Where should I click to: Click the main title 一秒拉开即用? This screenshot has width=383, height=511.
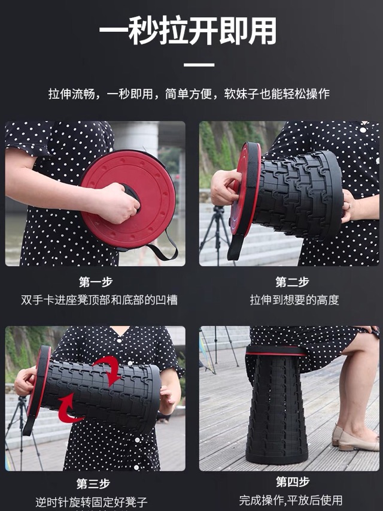pos(189,31)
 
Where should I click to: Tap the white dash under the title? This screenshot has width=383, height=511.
pos(199,65)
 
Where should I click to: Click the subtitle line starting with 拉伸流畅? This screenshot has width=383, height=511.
pos(189,94)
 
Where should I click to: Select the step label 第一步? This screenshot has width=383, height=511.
pos(96,282)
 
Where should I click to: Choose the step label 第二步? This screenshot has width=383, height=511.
pos(293,282)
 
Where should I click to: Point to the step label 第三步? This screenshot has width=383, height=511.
pos(93,483)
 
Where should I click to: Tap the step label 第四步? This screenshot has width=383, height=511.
pos(293,482)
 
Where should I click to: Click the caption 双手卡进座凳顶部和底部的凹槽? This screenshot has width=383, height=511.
pos(99,300)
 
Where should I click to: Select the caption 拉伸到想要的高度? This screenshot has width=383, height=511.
pos(294,300)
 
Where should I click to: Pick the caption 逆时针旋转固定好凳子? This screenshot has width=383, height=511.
pos(92,502)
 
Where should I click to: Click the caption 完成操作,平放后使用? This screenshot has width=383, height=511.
pos(290,500)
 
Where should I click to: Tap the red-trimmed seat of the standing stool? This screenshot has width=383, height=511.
pos(275,351)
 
